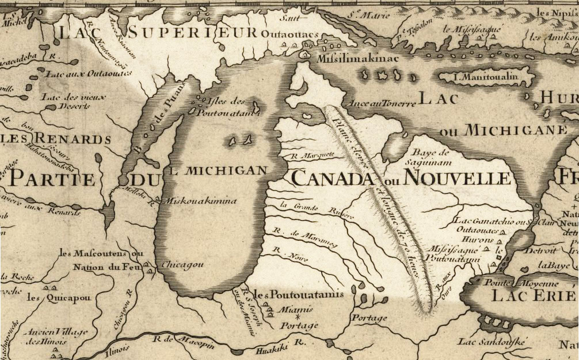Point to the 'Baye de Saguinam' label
(431, 157)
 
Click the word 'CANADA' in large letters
(332, 178)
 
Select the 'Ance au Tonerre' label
(382, 104)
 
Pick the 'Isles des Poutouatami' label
(222, 107)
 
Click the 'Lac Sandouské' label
(492, 342)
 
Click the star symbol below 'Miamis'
(298, 317)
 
